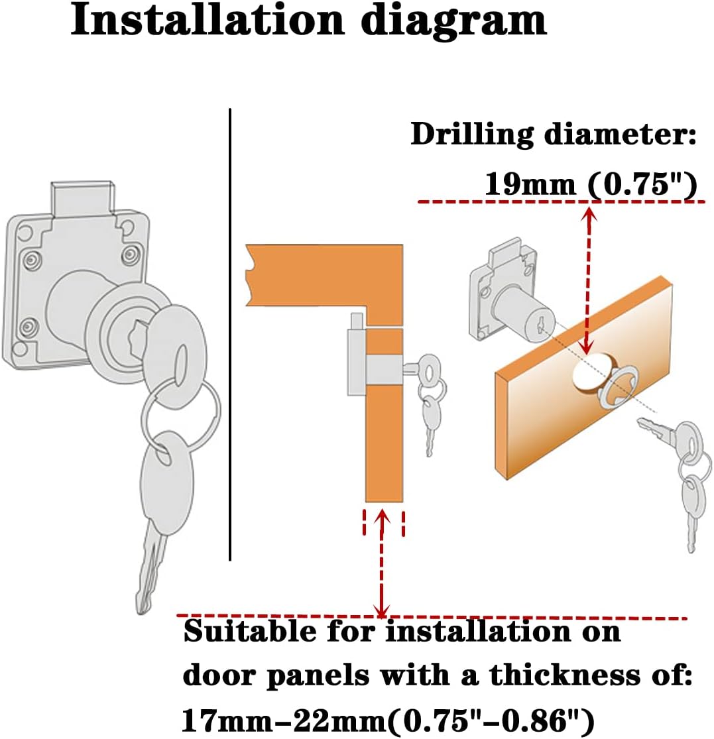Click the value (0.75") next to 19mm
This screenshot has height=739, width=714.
click(641, 184)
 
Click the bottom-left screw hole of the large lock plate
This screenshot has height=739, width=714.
click(28, 326)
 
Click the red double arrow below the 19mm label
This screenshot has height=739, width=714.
click(586, 278)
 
